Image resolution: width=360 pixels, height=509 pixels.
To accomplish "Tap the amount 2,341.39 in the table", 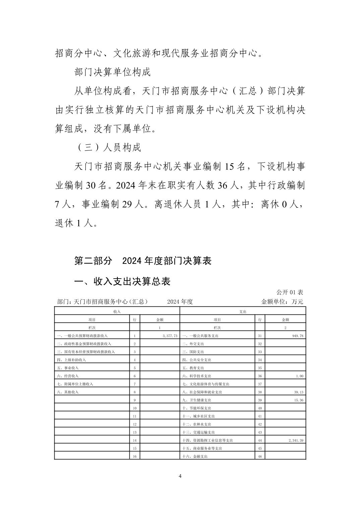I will (296, 440).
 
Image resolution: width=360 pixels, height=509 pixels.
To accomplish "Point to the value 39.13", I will (298, 392).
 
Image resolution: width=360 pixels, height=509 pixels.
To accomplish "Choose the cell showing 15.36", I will (298, 400).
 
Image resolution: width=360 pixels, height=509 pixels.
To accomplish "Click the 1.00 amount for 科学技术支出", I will (299, 376).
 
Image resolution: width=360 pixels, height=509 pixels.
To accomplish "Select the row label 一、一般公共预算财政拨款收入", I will (82, 336).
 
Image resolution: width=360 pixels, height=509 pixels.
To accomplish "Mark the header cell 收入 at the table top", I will (117, 311).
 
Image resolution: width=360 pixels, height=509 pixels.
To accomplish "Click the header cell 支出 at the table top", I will (243, 311).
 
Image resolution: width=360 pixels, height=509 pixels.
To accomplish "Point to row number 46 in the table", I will (260, 456).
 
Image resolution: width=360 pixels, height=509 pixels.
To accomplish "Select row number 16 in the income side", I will (134, 456).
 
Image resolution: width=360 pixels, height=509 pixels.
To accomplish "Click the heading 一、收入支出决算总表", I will (122, 282).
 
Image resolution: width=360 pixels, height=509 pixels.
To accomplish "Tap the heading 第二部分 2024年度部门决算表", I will (143, 261).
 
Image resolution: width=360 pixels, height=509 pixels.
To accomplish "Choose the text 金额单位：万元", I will (282, 302).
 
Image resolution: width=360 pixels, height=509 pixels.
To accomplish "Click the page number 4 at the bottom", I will (180, 476).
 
